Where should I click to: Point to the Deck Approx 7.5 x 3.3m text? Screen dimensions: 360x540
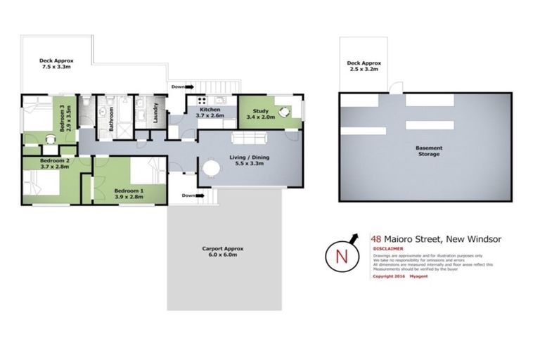56,64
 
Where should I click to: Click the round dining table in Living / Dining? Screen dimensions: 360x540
211,168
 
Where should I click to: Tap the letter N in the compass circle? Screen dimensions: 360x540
342,255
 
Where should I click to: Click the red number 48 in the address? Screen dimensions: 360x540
377,239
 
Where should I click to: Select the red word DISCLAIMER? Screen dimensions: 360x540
387,248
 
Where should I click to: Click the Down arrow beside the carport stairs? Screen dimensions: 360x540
187,195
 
